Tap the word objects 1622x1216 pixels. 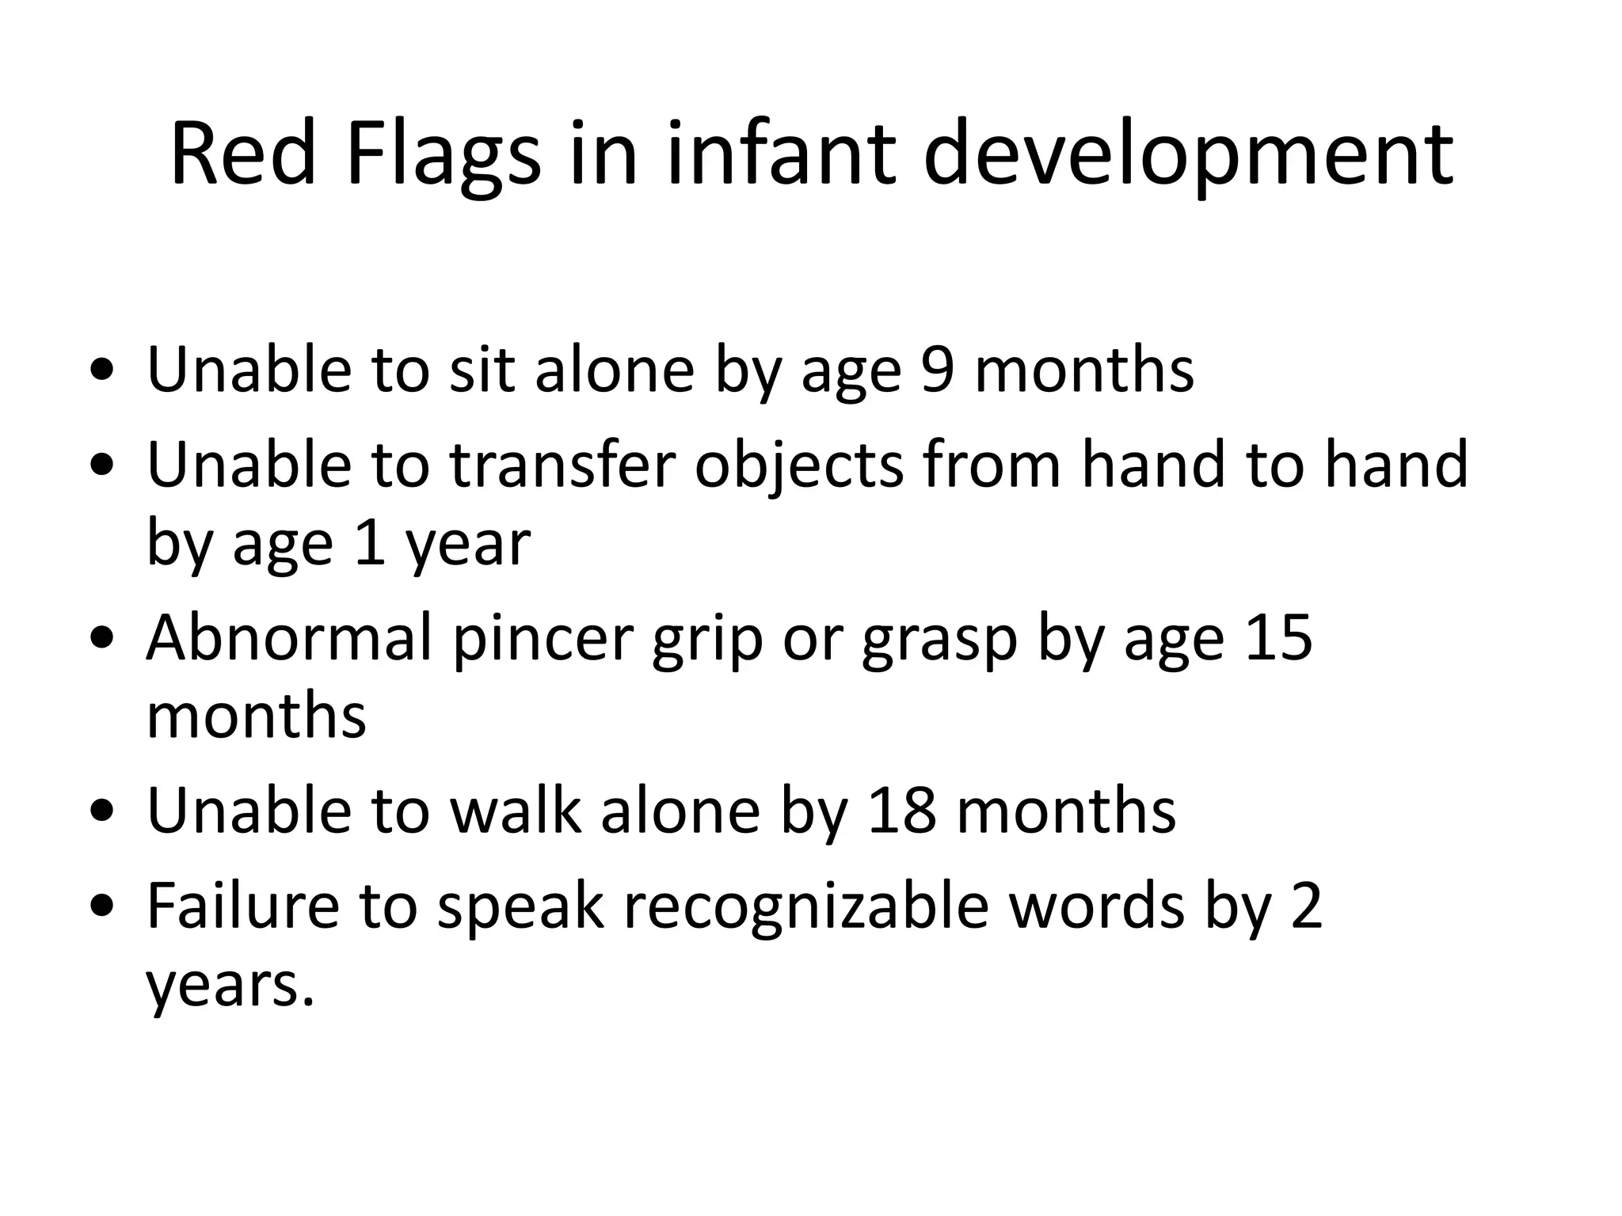coord(799,465)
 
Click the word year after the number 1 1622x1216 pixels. coord(467,545)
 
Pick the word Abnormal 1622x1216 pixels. coord(290,637)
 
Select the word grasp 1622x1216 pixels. coord(939,637)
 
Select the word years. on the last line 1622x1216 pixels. coord(230,985)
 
